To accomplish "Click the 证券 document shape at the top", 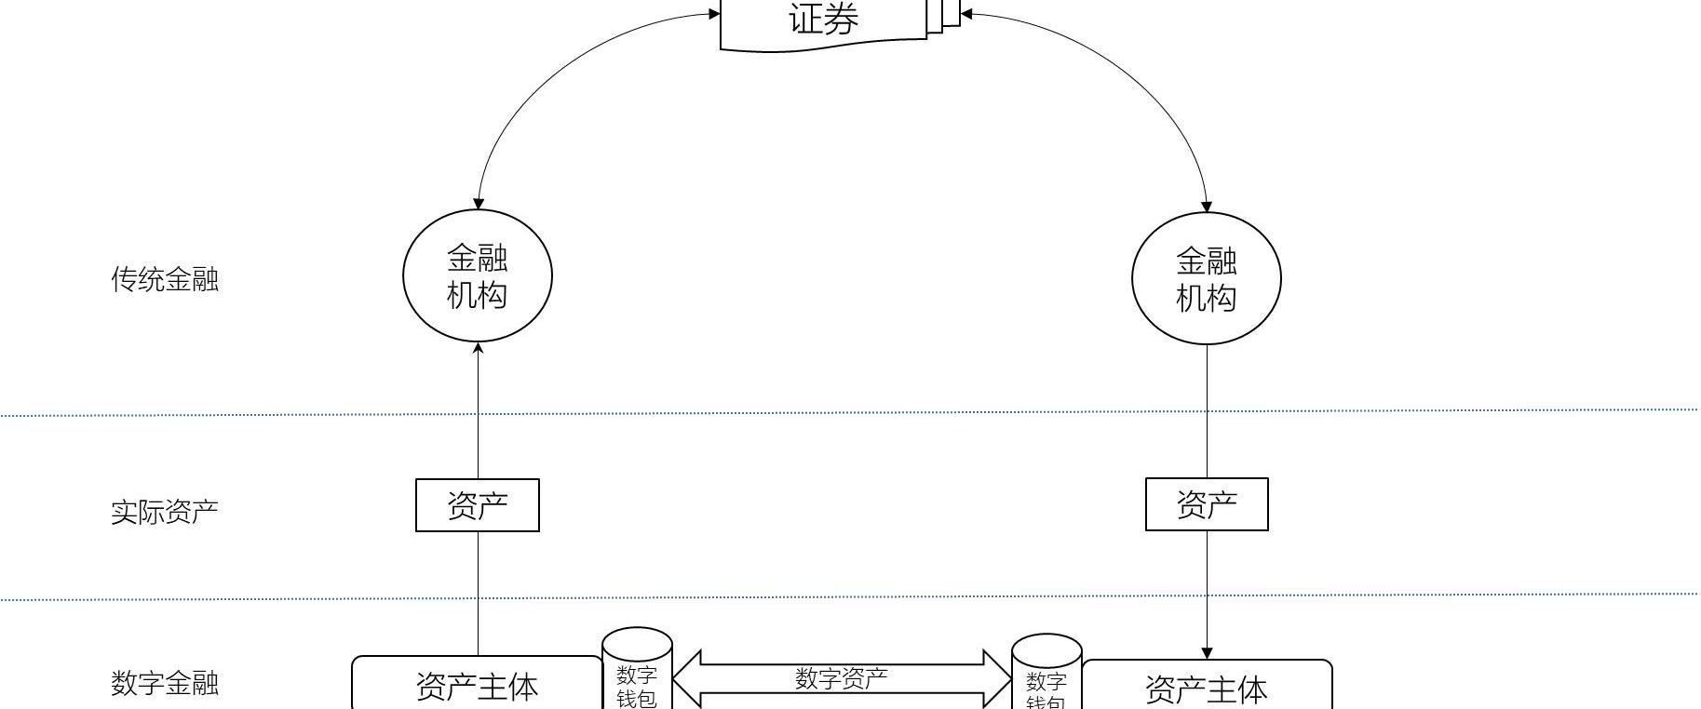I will coord(823,22).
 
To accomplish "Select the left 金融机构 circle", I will coord(478,276).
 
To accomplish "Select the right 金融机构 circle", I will coord(1207,279).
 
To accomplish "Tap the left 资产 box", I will coord(478,505).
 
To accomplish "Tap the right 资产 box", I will coord(1207,504).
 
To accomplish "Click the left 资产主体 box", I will coord(478,686).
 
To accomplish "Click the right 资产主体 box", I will coord(1207,689).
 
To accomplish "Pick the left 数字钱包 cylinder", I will coord(637,675).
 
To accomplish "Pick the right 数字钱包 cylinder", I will coord(1046,679).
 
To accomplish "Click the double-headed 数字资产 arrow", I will coord(842,679).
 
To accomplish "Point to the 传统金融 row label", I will coord(165,279).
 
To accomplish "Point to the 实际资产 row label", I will coord(165,511).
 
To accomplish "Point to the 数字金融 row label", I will coord(165,684).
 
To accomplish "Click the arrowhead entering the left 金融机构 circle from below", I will coord(479,349).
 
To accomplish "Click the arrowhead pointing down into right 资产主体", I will coord(1208,653).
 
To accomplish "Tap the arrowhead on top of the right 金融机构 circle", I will coord(1208,207).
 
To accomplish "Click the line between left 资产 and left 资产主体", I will coord(479,593).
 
